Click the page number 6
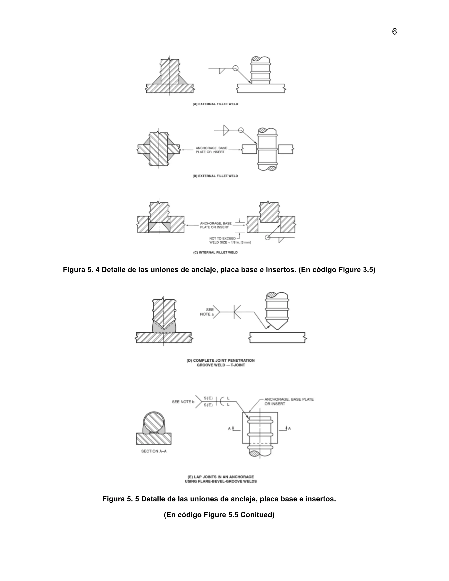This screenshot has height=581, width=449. (394, 32)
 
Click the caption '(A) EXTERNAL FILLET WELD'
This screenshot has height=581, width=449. (215, 104)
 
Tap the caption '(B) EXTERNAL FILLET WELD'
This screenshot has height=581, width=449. (215, 176)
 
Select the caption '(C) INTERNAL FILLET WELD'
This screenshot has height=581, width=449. (215, 252)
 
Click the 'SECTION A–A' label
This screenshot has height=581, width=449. (154, 451)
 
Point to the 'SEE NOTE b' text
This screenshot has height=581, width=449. (183, 402)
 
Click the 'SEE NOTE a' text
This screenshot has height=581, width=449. (207, 312)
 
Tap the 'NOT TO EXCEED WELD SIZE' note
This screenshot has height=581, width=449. (230, 241)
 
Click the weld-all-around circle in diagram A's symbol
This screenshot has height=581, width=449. (235, 68)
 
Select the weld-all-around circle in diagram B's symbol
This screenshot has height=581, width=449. (241, 130)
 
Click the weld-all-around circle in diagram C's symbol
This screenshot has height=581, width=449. (268, 237)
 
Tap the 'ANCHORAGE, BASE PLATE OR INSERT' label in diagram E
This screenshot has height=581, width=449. (289, 401)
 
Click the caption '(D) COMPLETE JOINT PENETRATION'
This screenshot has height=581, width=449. (221, 360)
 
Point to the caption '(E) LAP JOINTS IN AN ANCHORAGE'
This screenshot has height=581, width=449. (221, 477)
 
